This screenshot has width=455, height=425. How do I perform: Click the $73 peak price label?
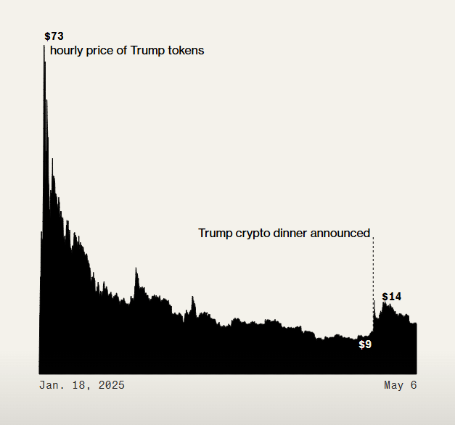click(54, 36)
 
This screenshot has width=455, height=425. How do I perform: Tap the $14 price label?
click(392, 297)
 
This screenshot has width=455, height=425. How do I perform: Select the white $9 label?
click(365, 344)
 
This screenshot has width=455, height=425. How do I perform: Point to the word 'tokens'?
click(185, 51)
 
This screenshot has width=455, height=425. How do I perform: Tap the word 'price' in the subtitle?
click(102, 51)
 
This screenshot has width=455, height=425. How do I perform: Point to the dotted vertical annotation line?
click(374, 268)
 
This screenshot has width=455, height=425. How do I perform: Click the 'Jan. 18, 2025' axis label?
click(81, 385)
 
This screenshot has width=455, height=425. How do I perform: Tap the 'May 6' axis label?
click(400, 385)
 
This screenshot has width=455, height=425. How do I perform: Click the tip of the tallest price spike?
click(44, 63)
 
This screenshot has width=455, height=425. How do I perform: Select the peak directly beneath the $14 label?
click(385, 304)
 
